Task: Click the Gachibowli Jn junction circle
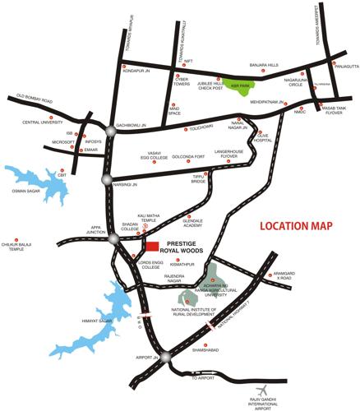[x=109, y=129]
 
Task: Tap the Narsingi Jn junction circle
[x=106, y=180]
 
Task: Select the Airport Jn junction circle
[x=165, y=356]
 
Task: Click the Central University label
[x=43, y=123]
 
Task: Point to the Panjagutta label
[x=344, y=66]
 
